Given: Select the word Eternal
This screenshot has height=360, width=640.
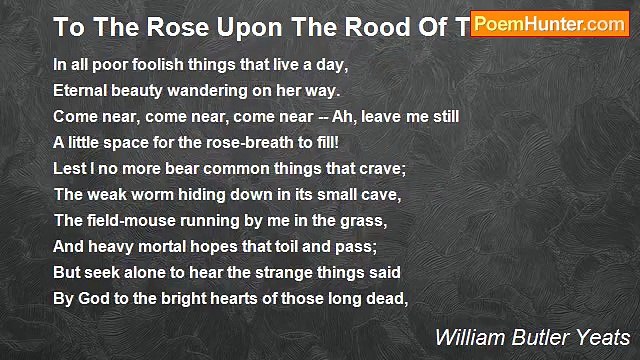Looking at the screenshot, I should click(x=79, y=89).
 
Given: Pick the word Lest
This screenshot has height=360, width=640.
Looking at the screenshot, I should click(x=68, y=167).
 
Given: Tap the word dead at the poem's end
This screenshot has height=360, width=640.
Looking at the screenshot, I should click(x=386, y=297).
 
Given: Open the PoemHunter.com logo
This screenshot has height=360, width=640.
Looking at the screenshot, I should click(x=550, y=24).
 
